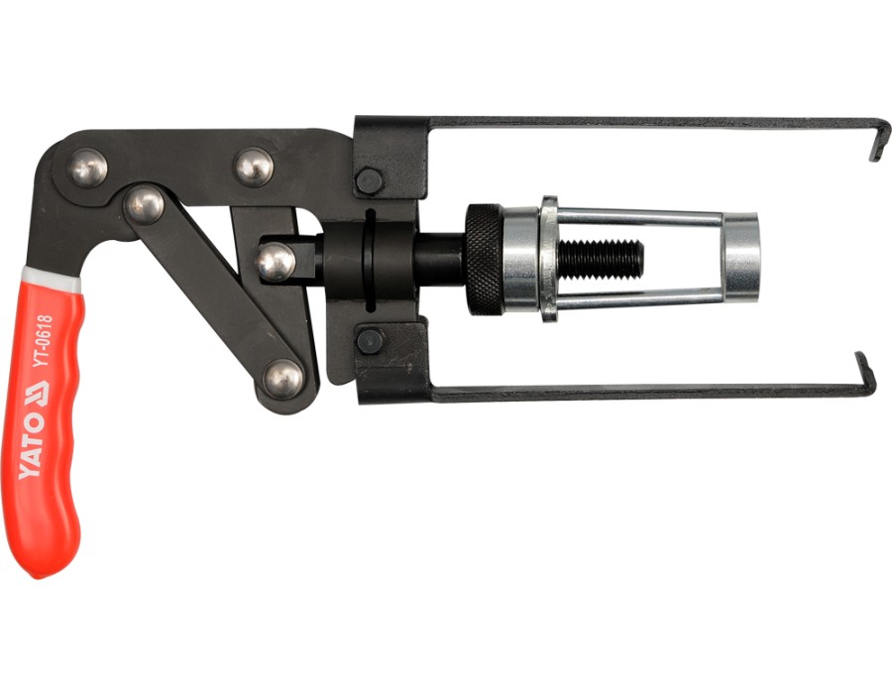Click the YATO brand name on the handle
coord(32,445)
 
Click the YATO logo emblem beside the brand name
coord(39,393)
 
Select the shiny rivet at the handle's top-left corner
coord(87,168)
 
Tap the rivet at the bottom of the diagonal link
coord(283,379)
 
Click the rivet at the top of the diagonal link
coord(144,206)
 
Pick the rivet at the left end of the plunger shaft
coord(276,262)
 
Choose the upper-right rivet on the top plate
coord(254,167)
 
